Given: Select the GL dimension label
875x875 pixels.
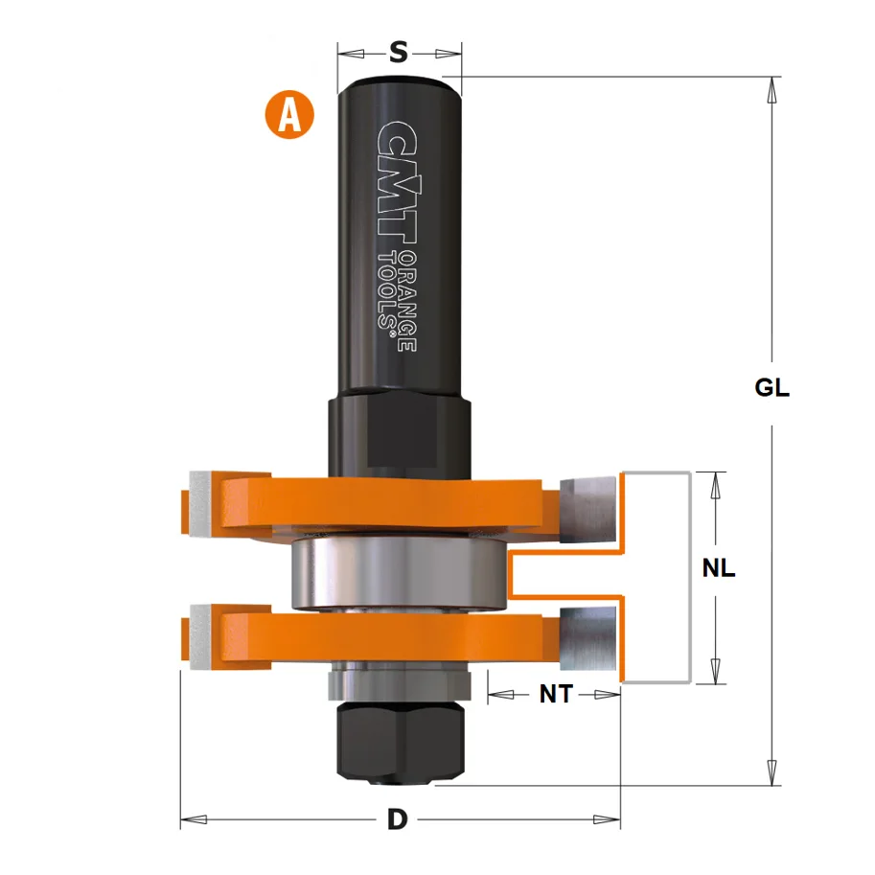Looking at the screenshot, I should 771,388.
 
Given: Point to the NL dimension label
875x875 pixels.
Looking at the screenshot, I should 718,568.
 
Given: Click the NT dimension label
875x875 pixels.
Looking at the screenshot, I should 555,694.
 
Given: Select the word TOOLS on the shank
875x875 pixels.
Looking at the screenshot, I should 387,292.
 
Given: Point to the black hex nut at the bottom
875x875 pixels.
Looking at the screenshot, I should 400,734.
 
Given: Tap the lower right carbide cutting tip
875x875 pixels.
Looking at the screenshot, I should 587,637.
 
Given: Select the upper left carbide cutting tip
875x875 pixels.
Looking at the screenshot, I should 204,504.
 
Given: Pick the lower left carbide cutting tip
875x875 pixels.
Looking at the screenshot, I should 204,637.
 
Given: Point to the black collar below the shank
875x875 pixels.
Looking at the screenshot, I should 400,431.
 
